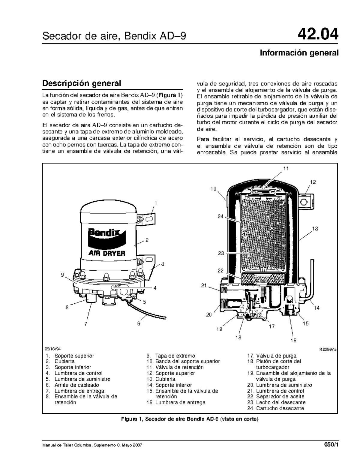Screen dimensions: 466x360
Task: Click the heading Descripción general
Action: (x=82, y=83)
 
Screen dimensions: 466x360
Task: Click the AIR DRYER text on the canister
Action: (x=106, y=253)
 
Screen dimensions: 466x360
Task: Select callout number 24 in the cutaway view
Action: (x=221, y=216)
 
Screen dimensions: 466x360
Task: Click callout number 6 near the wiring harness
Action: (x=139, y=323)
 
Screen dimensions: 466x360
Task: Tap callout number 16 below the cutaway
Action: (x=293, y=340)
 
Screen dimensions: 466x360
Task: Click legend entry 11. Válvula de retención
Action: (x=175, y=367)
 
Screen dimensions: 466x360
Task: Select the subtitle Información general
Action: (x=299, y=53)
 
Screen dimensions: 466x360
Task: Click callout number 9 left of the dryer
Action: (x=62, y=274)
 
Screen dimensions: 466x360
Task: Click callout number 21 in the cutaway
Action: (x=204, y=285)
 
